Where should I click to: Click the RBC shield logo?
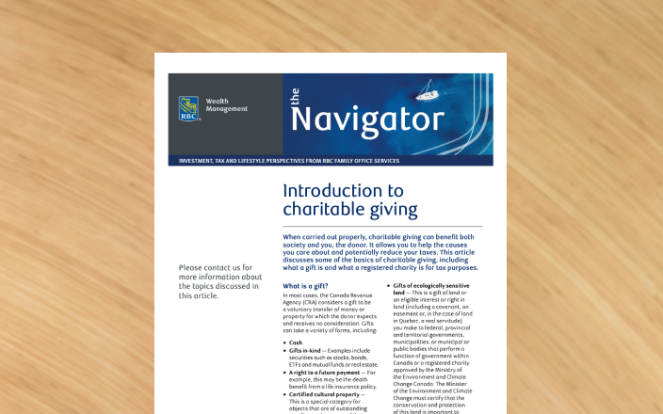point(188,108)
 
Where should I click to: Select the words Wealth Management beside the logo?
point(226,104)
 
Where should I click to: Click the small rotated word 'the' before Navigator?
point(294,97)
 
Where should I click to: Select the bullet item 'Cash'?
point(296,342)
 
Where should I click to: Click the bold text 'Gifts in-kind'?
point(309,350)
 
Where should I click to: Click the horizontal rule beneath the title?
point(382,226)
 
